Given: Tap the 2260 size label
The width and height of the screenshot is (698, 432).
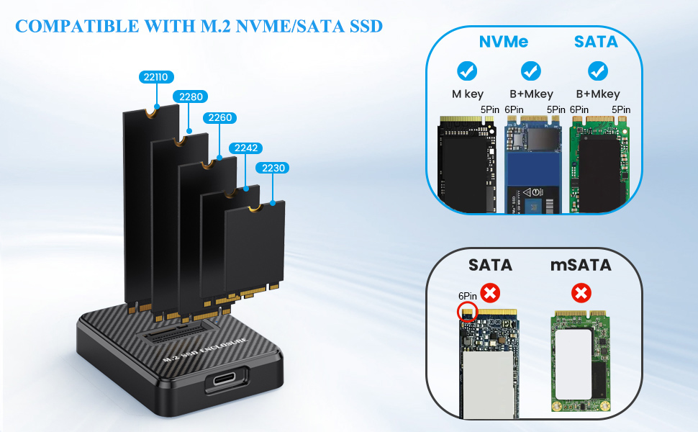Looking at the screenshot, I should pyautogui.click(x=220, y=117).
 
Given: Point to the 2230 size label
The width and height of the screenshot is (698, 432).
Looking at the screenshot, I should pyautogui.click(x=273, y=168).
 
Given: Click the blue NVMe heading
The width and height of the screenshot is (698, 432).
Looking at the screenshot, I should pyautogui.click(x=503, y=42).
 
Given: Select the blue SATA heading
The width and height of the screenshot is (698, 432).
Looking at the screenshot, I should pyautogui.click(x=595, y=42).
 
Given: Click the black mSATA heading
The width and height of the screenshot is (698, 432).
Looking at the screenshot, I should pyautogui.click(x=580, y=265).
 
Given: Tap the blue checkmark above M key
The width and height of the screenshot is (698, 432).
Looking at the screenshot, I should pyautogui.click(x=467, y=71).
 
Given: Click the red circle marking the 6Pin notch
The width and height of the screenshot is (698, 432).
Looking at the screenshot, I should pyautogui.click(x=467, y=312).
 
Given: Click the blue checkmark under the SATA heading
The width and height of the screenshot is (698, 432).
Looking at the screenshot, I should pyautogui.click(x=596, y=71).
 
